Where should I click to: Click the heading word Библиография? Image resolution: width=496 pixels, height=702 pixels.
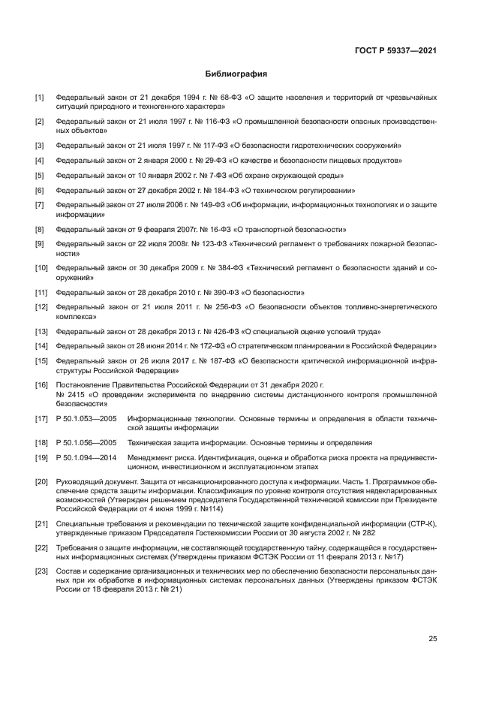point(236,75)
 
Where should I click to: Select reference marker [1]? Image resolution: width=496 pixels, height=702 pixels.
point(39,98)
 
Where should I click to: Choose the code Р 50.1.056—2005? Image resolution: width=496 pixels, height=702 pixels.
point(86,443)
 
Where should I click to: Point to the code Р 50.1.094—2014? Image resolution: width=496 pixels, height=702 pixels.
point(86,456)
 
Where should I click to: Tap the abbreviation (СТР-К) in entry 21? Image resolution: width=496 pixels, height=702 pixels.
point(420,526)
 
